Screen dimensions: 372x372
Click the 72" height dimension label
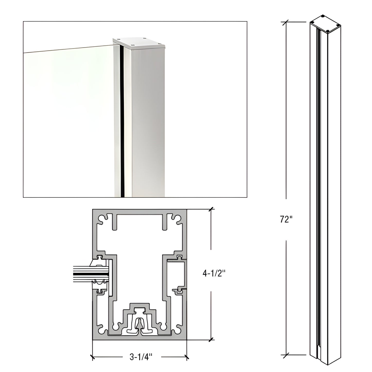(286, 220)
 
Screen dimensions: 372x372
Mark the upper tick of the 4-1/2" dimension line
(211, 209)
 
